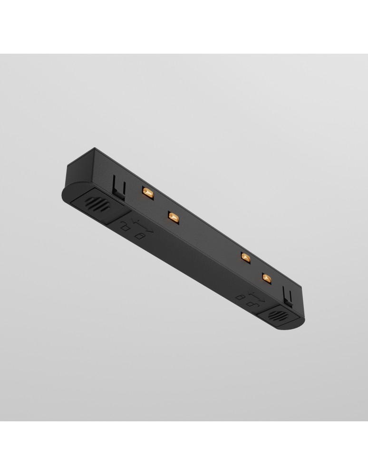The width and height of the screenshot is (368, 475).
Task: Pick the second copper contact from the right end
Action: click(x=245, y=257)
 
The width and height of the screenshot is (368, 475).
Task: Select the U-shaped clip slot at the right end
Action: click(x=288, y=295)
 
